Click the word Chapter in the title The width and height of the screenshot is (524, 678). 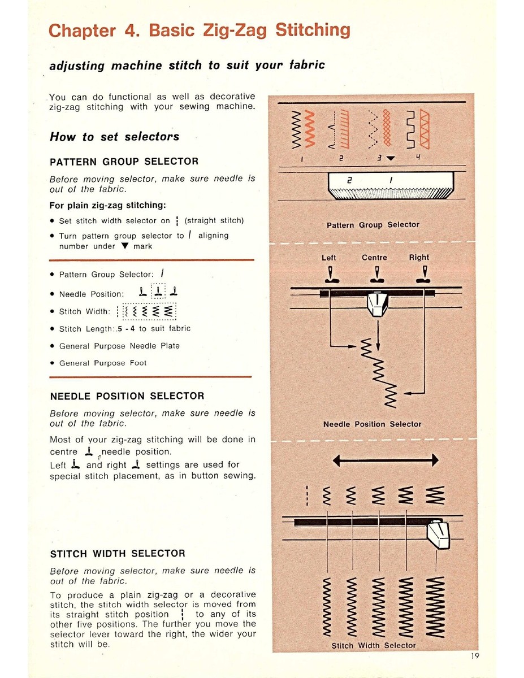[82, 31]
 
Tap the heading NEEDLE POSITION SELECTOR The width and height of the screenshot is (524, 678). [127, 396]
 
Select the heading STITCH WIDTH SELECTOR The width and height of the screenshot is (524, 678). [118, 554]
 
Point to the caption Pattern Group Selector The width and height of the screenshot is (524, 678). [373, 225]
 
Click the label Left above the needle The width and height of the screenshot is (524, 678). [328, 258]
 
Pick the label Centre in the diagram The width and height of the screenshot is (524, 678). [374, 258]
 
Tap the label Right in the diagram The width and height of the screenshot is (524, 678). [419, 258]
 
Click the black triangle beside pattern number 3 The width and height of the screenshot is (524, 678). [391, 158]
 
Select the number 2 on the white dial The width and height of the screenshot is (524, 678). [349, 180]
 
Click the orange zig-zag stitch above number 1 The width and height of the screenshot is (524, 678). [310, 129]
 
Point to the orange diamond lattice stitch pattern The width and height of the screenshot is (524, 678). [387, 128]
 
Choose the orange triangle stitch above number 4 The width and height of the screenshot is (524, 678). [425, 129]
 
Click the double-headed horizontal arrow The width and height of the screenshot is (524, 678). [386, 460]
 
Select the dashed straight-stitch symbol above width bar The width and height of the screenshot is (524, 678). [307, 496]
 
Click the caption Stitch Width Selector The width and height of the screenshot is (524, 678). [373, 645]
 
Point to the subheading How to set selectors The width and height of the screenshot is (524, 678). [115, 137]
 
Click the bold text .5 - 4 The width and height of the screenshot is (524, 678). [126, 329]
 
